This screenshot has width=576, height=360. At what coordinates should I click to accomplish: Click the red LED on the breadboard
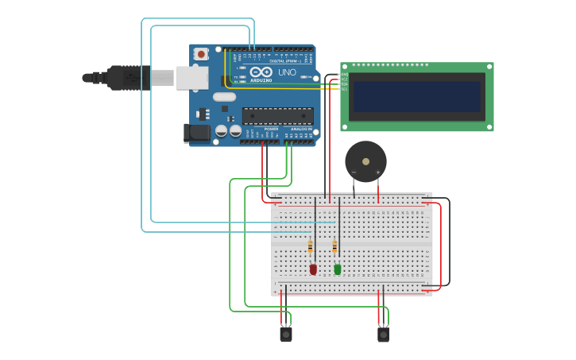[313, 269]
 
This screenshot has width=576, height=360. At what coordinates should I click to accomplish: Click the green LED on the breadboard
[338, 269]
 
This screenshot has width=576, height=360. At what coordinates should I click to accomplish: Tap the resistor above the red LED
[310, 247]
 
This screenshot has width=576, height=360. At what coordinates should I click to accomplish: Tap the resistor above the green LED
[334, 247]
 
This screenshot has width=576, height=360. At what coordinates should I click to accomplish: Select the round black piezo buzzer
[365, 161]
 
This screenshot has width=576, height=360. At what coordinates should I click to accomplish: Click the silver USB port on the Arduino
[191, 78]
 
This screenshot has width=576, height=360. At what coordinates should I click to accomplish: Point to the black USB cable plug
[119, 78]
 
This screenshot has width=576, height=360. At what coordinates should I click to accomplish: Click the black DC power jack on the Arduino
[196, 133]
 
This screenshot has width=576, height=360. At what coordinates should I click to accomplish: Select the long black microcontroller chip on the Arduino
[277, 116]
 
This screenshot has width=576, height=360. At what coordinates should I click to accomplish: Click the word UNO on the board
[287, 72]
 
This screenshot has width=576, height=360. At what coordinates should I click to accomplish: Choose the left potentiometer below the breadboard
[286, 334]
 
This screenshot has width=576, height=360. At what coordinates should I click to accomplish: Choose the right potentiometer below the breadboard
[383, 334]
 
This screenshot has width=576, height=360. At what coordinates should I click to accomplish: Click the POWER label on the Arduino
[271, 129]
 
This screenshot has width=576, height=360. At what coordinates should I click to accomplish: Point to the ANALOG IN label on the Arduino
[300, 129]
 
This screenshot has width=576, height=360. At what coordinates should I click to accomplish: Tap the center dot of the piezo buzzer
[365, 161]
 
